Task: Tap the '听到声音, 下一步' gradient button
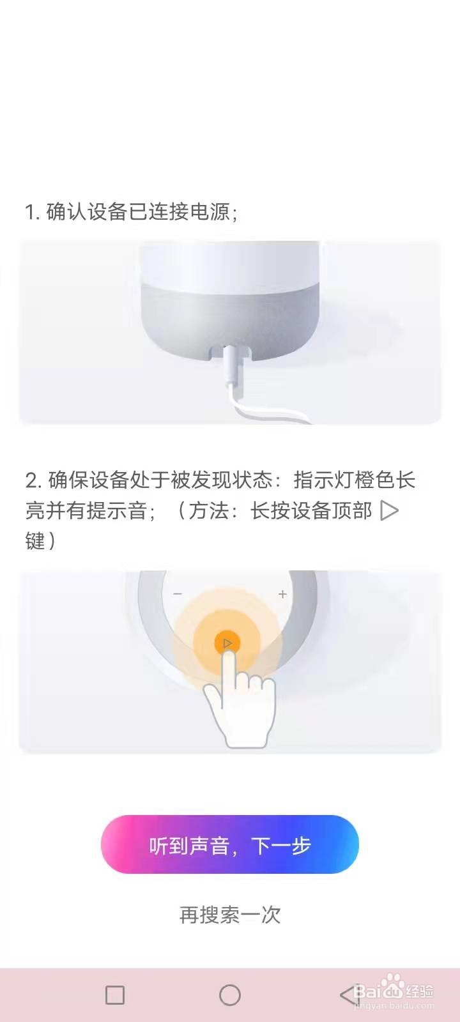pyautogui.click(x=229, y=844)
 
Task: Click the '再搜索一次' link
pyautogui.click(x=229, y=915)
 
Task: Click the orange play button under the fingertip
pyautogui.click(x=227, y=644)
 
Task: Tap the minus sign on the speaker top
pyautogui.click(x=178, y=593)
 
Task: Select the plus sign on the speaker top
pyautogui.click(x=282, y=593)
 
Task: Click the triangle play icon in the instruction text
pyautogui.click(x=389, y=510)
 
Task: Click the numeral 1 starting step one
pyautogui.click(x=31, y=212)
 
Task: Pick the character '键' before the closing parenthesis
pyautogui.click(x=35, y=541)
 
